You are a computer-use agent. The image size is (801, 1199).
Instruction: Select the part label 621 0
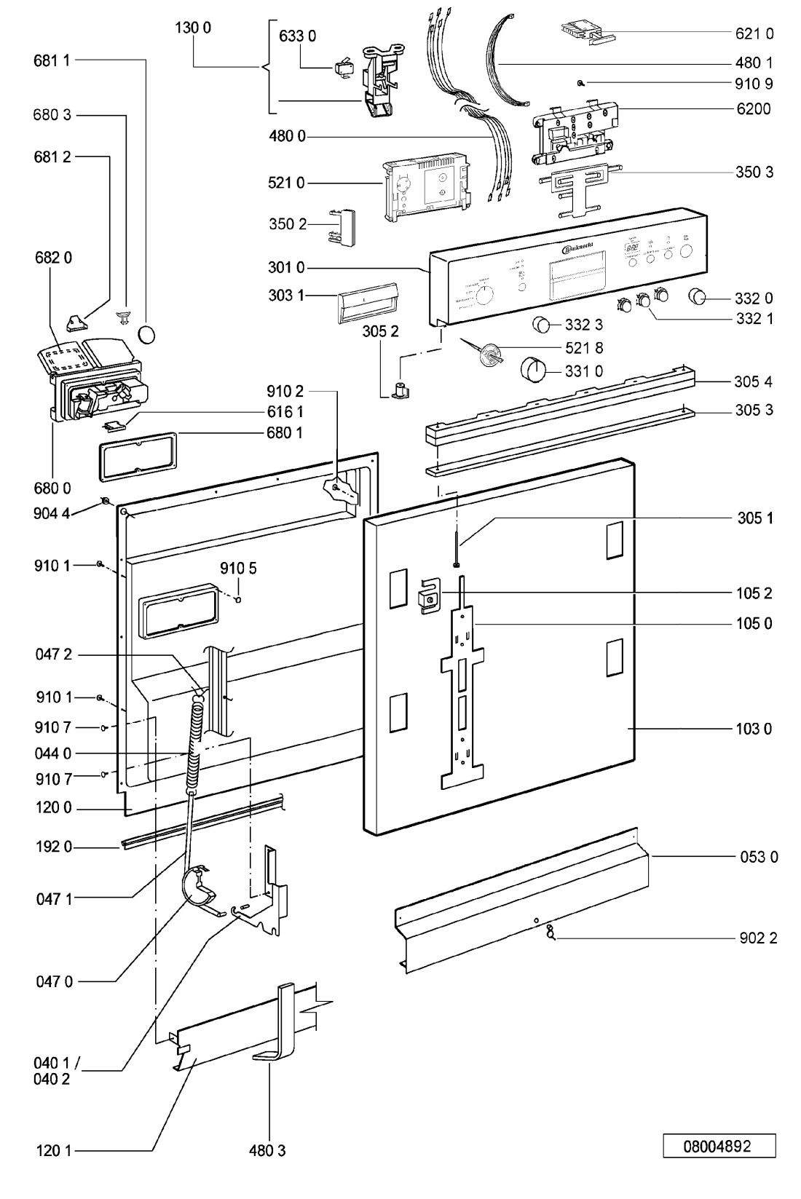(x=753, y=33)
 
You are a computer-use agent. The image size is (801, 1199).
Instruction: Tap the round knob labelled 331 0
(x=534, y=369)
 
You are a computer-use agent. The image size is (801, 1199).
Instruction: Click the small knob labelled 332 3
(x=542, y=325)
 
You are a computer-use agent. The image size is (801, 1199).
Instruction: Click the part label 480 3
(x=267, y=1151)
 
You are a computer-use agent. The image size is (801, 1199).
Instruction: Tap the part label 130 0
(x=193, y=29)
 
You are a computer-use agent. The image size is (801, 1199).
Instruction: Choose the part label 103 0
(x=754, y=729)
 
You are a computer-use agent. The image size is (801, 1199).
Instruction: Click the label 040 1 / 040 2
(x=52, y=1072)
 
